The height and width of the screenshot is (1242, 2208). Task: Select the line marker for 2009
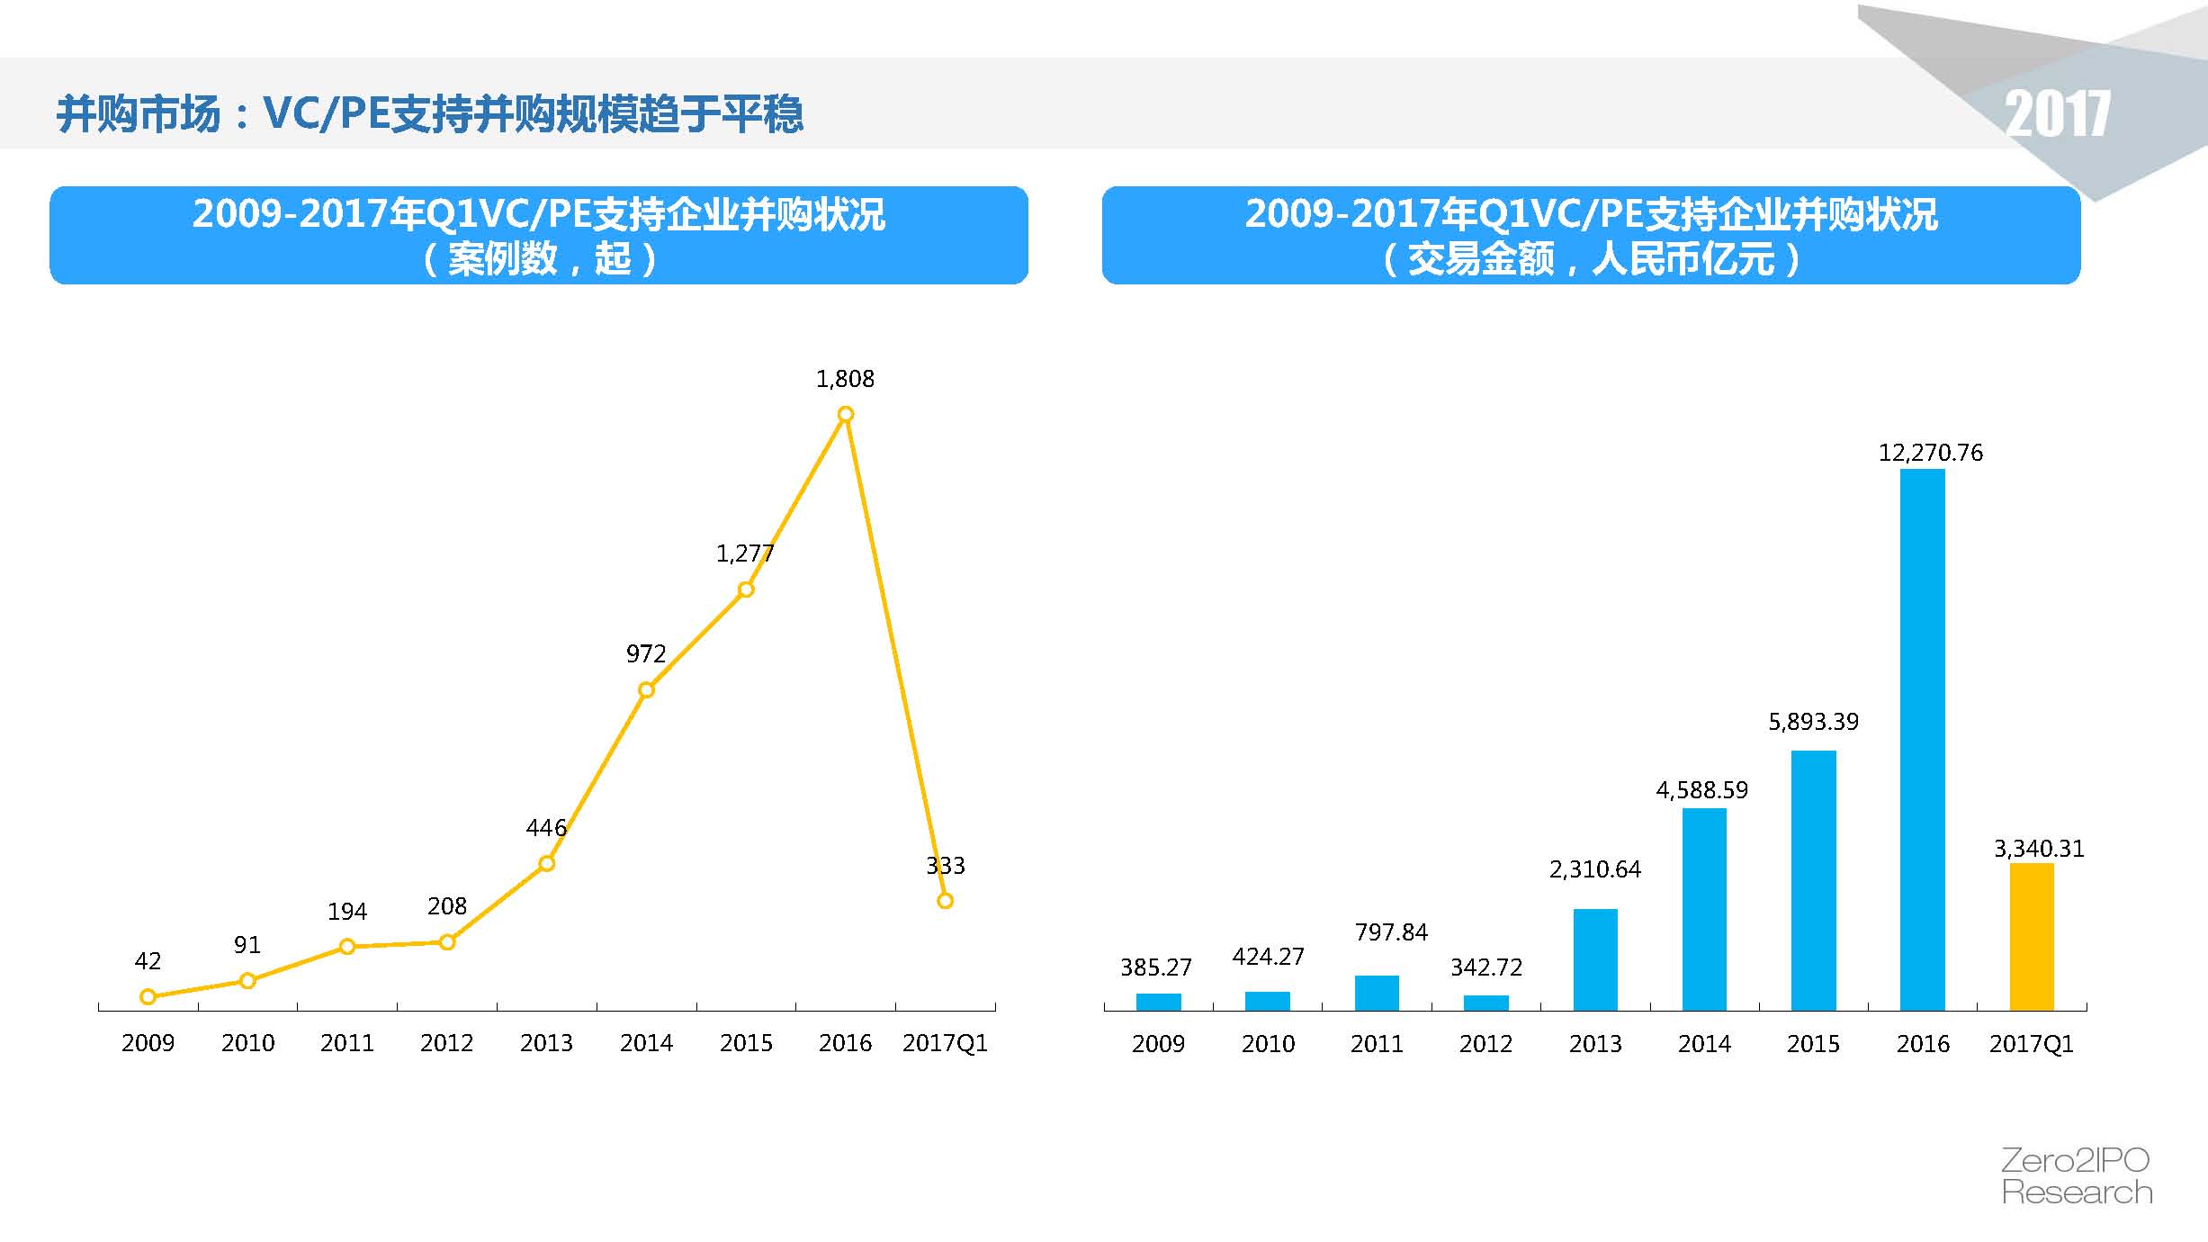click(148, 996)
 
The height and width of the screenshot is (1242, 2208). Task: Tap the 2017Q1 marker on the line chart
click(945, 901)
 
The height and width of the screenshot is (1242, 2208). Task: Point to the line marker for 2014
click(646, 690)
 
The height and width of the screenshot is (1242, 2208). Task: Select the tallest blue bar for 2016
click(1922, 739)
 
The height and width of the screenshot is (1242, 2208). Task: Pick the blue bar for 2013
click(1595, 959)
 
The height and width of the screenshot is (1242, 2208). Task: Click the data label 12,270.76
click(1930, 453)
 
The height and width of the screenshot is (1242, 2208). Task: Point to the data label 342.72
click(1486, 967)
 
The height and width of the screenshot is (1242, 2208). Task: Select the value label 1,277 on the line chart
click(744, 553)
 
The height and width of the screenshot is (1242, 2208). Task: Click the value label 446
click(546, 828)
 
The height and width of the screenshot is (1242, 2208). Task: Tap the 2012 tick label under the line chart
click(446, 1043)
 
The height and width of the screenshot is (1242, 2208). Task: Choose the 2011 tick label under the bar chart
click(1377, 1044)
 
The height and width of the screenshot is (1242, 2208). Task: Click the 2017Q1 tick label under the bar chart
click(2031, 1044)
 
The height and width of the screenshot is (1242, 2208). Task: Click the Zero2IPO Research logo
click(2076, 1176)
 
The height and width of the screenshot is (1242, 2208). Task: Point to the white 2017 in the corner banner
click(2057, 115)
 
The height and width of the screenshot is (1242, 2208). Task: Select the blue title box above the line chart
click(538, 236)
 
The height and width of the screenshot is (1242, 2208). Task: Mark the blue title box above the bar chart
click(1591, 236)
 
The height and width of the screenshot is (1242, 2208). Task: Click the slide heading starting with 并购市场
click(429, 114)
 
